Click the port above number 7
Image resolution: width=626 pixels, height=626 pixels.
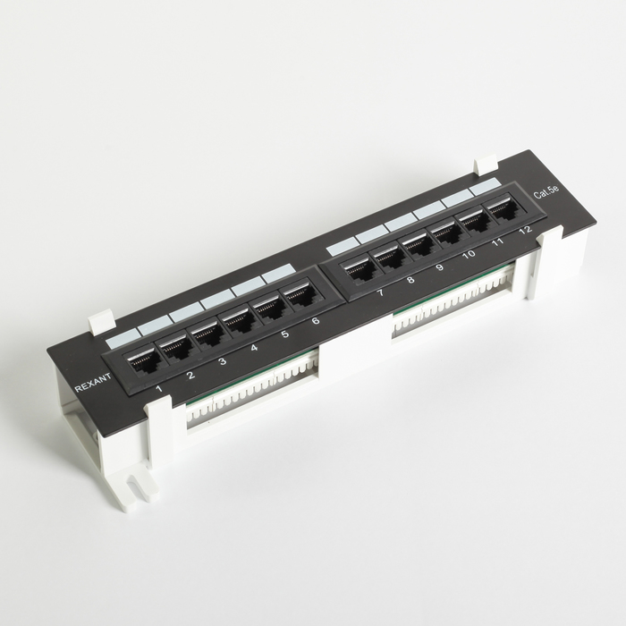pos(360,269)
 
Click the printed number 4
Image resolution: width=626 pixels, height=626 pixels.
pos(254,349)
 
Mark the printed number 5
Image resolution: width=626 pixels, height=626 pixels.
pos(284,335)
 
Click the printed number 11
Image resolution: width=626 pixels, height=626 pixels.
pos(497,242)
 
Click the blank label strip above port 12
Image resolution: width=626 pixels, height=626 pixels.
pos(484,185)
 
